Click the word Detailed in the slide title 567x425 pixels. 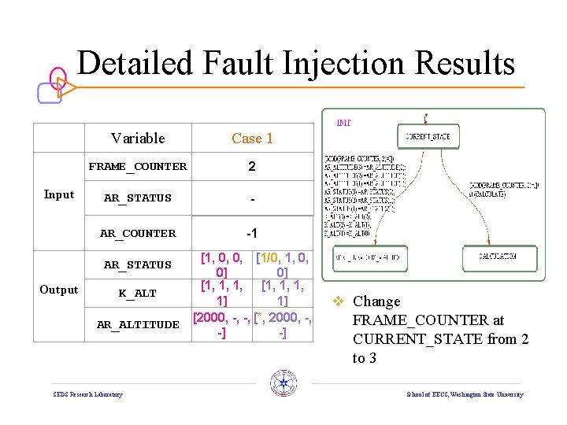(135, 63)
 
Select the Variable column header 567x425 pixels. (138, 139)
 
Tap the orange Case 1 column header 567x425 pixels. (252, 139)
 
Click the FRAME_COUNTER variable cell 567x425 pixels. (138, 167)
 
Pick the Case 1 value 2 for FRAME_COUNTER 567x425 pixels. (252, 167)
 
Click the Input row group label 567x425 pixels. (59, 195)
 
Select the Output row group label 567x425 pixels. (59, 290)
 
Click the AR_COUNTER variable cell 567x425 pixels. (138, 233)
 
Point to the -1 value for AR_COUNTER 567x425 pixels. (252, 233)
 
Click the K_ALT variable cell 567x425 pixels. (138, 294)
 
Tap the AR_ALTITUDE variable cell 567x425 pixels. (138, 324)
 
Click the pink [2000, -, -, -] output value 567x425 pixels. (222, 325)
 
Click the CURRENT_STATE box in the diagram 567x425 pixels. (428, 136)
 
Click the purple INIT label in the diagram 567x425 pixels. (344, 122)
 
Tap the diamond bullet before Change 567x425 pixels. (359, 301)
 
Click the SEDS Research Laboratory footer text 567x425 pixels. (87, 394)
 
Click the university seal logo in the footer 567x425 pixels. (283, 383)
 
